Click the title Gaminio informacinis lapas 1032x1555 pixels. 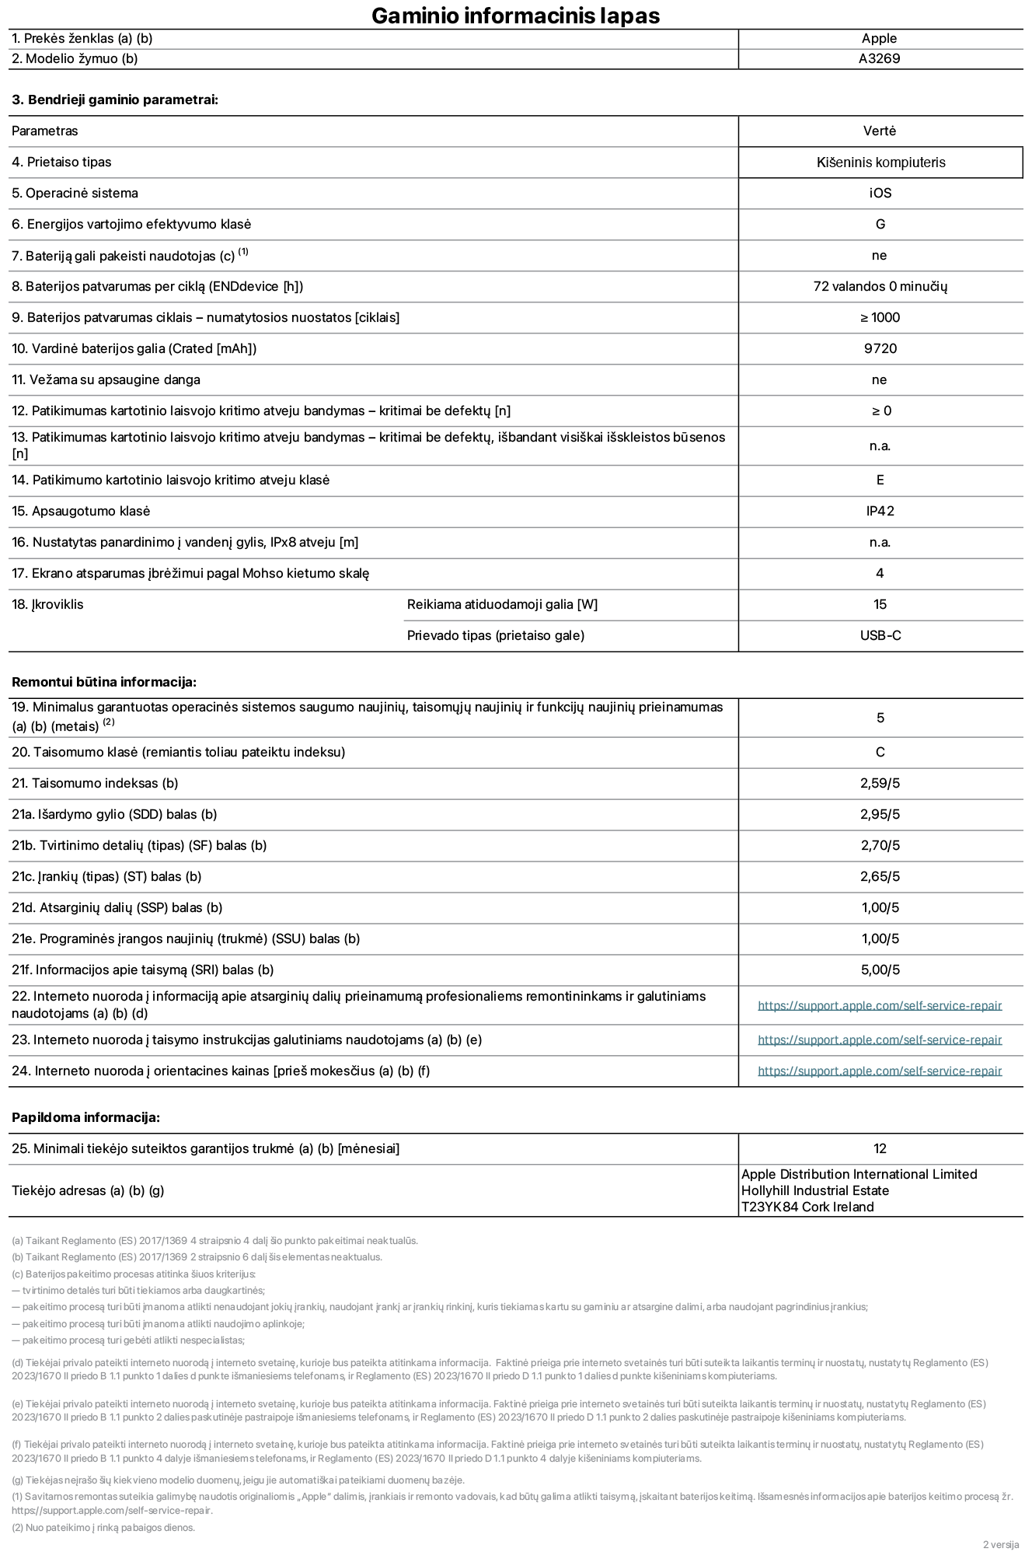(515, 16)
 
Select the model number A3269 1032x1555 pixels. (879, 58)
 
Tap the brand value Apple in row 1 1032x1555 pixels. (879, 38)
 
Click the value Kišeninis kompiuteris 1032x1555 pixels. (880, 162)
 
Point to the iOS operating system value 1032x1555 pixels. (880, 193)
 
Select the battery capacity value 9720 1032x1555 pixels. (880, 348)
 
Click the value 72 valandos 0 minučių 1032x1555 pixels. (880, 286)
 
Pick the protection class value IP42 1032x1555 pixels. (880, 511)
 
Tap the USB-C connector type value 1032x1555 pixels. (880, 635)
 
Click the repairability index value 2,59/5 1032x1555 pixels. (880, 783)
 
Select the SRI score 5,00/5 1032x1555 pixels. (880, 970)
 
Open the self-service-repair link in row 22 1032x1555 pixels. (880, 1005)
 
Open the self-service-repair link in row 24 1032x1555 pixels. (880, 1071)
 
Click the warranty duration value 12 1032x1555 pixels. (880, 1148)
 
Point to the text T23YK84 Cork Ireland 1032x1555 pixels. (807, 1207)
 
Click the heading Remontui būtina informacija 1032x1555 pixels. (104, 682)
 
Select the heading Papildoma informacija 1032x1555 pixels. (85, 1117)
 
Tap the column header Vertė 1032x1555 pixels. (880, 131)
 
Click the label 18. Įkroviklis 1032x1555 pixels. (47, 604)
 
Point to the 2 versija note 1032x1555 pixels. (1000, 1544)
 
